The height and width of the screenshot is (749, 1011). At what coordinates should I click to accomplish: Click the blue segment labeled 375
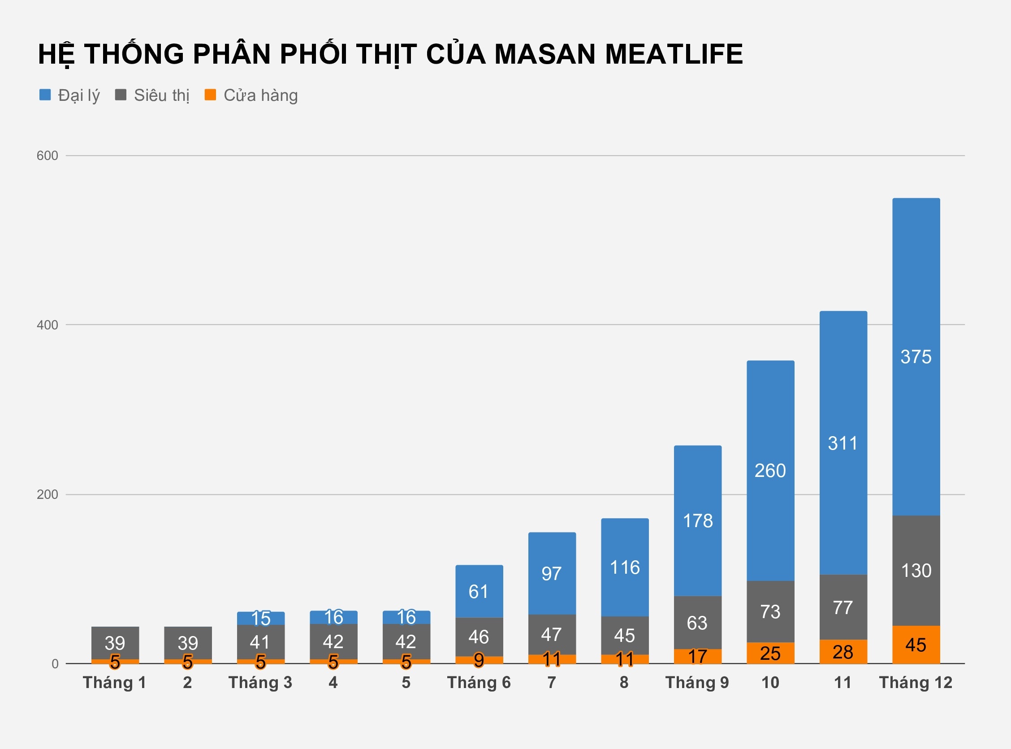click(x=916, y=357)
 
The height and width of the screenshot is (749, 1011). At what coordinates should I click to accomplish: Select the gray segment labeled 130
click(x=916, y=570)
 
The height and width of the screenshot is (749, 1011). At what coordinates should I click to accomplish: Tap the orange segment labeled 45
click(x=916, y=645)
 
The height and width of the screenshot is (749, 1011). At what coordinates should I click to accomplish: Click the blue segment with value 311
click(x=843, y=443)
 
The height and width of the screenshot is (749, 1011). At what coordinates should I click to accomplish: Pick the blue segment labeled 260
click(x=770, y=471)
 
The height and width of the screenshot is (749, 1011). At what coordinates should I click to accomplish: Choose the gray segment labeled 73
click(x=770, y=612)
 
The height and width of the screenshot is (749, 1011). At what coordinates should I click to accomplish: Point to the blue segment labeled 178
click(x=697, y=520)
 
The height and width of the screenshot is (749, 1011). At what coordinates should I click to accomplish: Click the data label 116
click(x=624, y=567)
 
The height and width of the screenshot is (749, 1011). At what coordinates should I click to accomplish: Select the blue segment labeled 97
click(x=552, y=574)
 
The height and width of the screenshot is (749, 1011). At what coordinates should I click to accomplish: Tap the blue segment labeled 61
click(x=479, y=591)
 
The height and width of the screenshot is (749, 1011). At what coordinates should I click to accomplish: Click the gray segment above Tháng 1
click(x=115, y=642)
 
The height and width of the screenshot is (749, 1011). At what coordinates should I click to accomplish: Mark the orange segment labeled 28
click(x=843, y=652)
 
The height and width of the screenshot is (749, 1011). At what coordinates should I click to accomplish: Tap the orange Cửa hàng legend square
click(x=210, y=95)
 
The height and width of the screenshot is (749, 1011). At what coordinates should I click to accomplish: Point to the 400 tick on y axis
click(x=47, y=325)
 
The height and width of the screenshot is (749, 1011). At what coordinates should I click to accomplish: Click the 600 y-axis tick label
click(x=47, y=156)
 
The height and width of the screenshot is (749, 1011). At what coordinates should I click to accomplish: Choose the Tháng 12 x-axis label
click(x=916, y=683)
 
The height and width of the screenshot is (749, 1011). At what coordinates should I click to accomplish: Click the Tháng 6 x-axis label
click(x=479, y=683)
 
